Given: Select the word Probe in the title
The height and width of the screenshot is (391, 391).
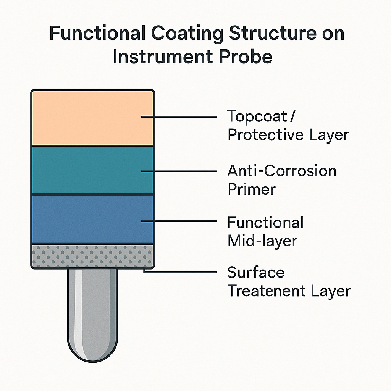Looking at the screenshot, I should pyautogui.click(x=249, y=57).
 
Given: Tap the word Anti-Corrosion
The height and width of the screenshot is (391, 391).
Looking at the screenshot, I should pyautogui.click(x=282, y=171).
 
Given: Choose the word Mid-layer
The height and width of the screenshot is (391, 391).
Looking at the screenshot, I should pyautogui.click(x=262, y=241).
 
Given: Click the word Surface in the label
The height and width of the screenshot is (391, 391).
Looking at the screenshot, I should pyautogui.click(x=256, y=273).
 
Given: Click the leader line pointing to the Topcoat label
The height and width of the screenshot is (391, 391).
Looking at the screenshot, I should pyautogui.click(x=179, y=116).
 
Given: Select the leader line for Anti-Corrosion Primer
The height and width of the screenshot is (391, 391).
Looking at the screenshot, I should pyautogui.click(x=179, y=171).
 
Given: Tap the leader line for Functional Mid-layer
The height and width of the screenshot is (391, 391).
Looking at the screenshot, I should pyautogui.click(x=179, y=221).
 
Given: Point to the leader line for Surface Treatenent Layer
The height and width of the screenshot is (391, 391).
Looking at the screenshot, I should pyautogui.click(x=179, y=272).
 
